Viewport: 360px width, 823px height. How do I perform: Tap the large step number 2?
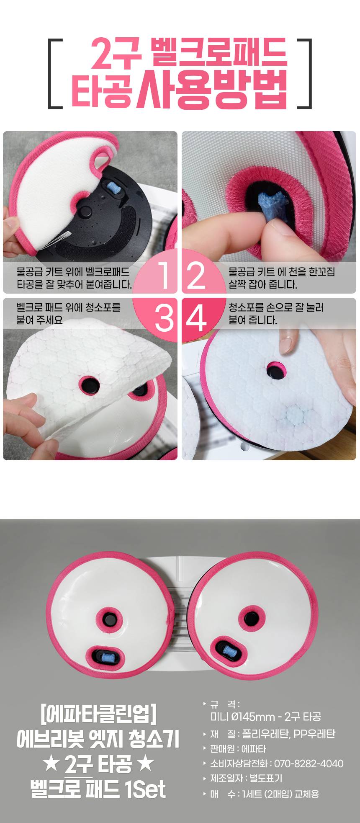tap(196, 275)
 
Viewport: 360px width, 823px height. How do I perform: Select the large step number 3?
tap(165, 317)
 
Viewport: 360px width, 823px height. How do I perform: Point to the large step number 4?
tap(196, 317)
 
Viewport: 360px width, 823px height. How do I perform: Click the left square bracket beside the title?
tap(55, 74)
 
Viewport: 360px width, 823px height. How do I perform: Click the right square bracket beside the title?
tap(305, 74)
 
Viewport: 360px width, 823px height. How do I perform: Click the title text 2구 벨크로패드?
tap(189, 53)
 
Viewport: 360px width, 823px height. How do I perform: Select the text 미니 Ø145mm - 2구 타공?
tap(266, 717)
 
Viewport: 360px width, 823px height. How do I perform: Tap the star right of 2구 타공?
tap(146, 763)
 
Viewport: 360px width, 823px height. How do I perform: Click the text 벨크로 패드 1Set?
tap(98, 789)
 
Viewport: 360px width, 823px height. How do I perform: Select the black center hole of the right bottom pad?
tap(251, 618)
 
